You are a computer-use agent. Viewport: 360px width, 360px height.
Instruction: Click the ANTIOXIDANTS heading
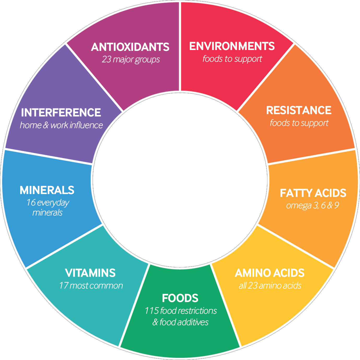tap(130, 47)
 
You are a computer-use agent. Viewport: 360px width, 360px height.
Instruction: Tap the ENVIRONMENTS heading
tap(232, 46)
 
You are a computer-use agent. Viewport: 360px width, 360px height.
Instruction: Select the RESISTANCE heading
tap(299, 110)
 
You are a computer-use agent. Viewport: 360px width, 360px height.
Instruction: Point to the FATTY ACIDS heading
tap(313, 193)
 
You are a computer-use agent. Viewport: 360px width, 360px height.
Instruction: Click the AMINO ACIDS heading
tap(270, 273)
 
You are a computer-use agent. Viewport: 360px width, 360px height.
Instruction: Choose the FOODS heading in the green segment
tap(180, 298)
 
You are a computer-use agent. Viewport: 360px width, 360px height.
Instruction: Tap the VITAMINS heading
tap(90, 273)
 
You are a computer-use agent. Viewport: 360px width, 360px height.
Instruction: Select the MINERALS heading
tap(47, 190)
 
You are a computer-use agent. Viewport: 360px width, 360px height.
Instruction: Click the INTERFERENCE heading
tap(61, 113)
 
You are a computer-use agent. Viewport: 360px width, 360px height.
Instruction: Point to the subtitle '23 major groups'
tap(131, 60)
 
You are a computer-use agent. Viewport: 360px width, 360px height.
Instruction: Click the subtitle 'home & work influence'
tap(61, 125)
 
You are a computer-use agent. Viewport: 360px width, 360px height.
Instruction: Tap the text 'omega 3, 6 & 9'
tap(312, 205)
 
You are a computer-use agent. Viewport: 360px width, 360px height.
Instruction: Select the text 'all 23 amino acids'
tap(270, 286)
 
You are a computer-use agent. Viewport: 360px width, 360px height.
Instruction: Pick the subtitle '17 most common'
tap(91, 286)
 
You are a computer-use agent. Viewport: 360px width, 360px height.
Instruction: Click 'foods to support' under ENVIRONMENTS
tap(232, 59)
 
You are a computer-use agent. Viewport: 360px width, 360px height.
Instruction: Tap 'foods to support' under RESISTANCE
tap(299, 123)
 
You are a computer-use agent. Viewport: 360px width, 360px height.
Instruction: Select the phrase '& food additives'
tap(180, 322)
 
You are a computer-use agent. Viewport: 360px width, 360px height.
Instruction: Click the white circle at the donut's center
tap(180, 180)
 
